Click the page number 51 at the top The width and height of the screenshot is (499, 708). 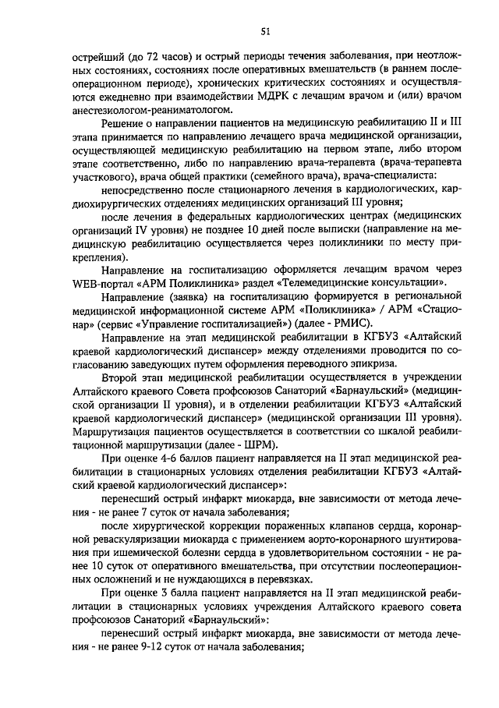pyautogui.click(x=265, y=30)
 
